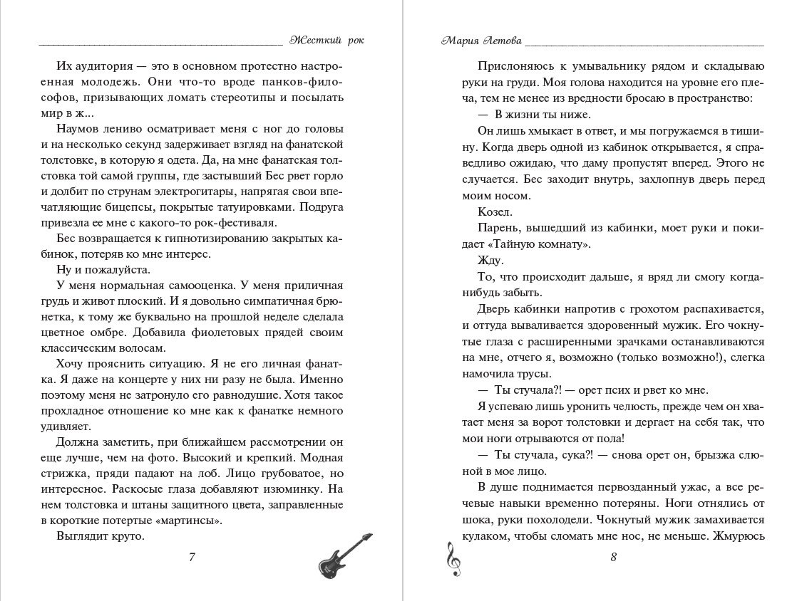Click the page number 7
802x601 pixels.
(192, 557)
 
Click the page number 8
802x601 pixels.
(613, 557)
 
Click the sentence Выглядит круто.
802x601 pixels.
(100, 537)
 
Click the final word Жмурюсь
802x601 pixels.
(738, 537)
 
